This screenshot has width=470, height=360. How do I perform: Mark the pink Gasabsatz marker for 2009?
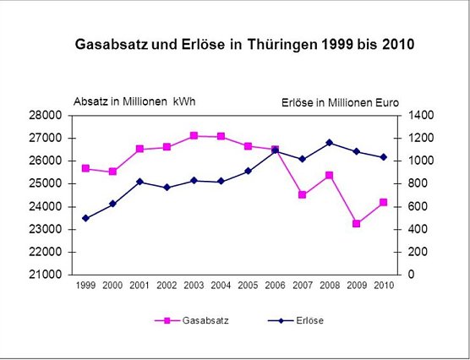click(x=357, y=224)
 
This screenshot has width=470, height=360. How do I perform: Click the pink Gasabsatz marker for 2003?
click(x=194, y=135)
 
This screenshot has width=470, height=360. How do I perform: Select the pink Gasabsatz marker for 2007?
click(x=303, y=194)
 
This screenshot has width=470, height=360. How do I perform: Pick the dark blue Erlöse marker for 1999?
click(x=85, y=218)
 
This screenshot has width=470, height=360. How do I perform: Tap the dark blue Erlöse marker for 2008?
click(x=330, y=143)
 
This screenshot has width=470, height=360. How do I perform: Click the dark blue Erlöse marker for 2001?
click(x=139, y=182)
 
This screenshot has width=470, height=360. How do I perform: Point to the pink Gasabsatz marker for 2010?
click(x=384, y=202)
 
